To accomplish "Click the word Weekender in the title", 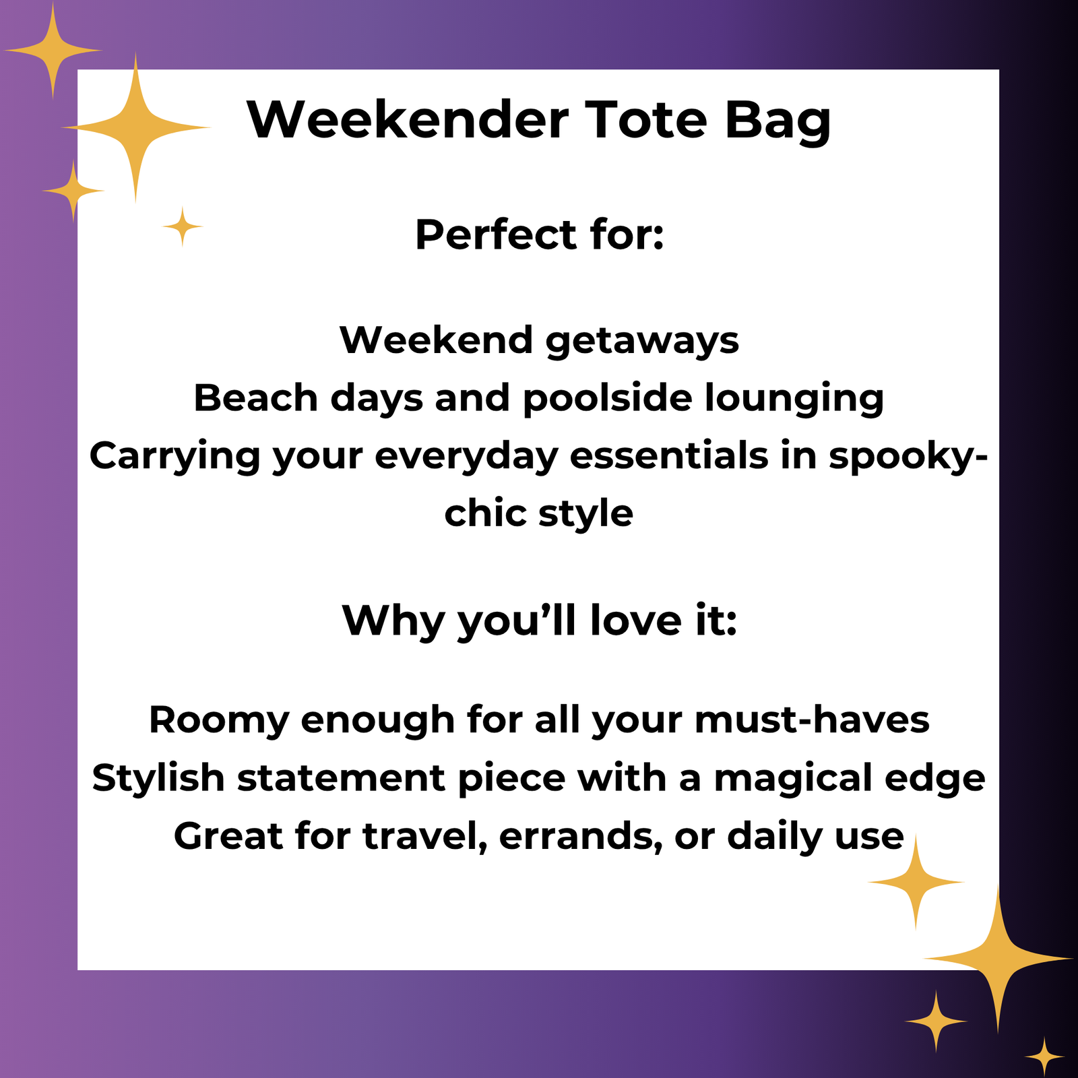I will (x=408, y=120).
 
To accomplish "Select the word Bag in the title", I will (x=778, y=121).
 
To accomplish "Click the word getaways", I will (x=642, y=340).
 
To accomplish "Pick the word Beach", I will (x=255, y=398).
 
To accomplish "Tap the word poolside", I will (x=607, y=398).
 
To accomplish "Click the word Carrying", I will (x=175, y=456).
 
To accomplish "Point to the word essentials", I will (x=668, y=455).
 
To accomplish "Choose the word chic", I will (x=485, y=513).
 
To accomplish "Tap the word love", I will (x=636, y=620).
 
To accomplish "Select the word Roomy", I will (x=218, y=720).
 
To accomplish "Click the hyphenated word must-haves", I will (x=812, y=720).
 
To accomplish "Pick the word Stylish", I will (x=158, y=778).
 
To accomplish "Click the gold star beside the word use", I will (x=916, y=881).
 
